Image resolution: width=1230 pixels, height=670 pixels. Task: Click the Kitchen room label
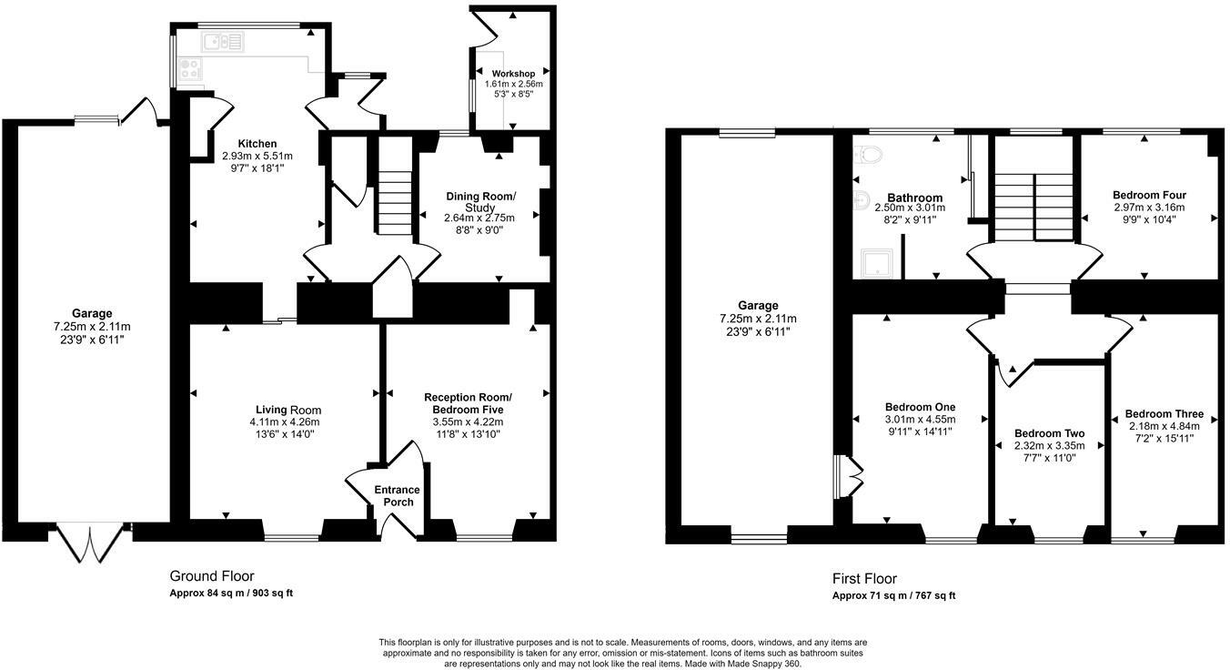click(x=257, y=144)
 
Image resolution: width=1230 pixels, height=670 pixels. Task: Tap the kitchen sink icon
click(x=222, y=42)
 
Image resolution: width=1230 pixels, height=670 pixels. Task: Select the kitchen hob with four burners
click(x=190, y=69)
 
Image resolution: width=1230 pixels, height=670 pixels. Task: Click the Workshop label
click(x=513, y=74)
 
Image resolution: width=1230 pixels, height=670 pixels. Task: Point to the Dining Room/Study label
click(x=480, y=202)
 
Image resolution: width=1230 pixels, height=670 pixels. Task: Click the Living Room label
click(x=288, y=410)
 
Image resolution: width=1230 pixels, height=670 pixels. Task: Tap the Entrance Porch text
click(x=397, y=496)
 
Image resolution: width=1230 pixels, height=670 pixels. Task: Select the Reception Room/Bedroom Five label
click(x=468, y=403)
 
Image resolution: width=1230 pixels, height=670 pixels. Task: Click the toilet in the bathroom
click(x=868, y=155)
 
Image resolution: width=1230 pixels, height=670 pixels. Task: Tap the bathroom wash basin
click(x=861, y=200)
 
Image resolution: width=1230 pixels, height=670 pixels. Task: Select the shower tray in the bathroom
click(x=877, y=263)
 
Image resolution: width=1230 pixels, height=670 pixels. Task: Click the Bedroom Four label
click(x=1149, y=195)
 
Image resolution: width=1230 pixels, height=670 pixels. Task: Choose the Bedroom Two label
click(x=1049, y=433)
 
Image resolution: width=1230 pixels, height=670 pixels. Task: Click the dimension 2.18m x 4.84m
click(x=1164, y=427)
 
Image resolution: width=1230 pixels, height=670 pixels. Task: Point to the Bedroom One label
click(x=921, y=407)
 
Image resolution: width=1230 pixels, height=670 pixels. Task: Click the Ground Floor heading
click(x=212, y=576)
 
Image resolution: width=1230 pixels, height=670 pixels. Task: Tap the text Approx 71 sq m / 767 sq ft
click(x=894, y=595)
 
